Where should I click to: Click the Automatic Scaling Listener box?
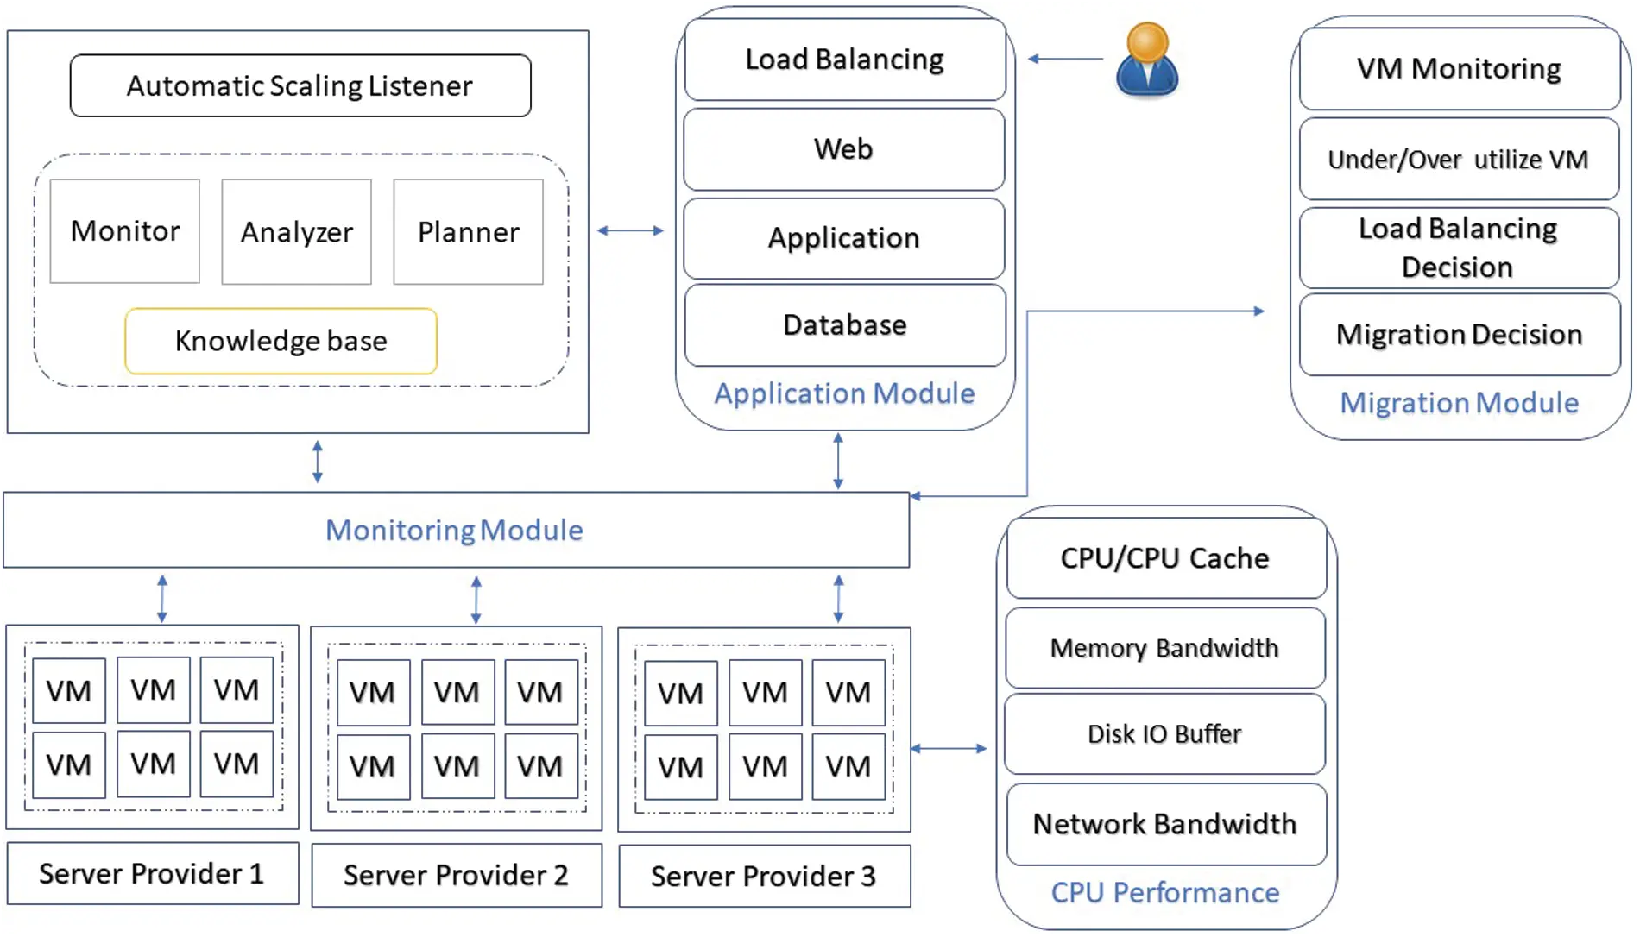tap(300, 85)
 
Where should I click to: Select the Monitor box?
tap(124, 230)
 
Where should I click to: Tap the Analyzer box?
tap(296, 231)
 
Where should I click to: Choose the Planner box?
tap(468, 231)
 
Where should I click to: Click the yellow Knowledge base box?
tap(281, 341)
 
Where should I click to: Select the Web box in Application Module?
tap(843, 148)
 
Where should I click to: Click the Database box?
tap(844, 325)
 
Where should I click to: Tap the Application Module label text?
tap(843, 393)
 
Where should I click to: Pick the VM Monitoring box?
tap(1459, 68)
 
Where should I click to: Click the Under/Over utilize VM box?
tap(1458, 160)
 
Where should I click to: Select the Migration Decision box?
tap(1459, 334)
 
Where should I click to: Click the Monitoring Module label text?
tap(454, 530)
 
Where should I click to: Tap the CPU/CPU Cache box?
tap(1165, 558)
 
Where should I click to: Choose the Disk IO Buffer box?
tap(1164, 733)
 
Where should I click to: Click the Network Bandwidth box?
tap(1165, 824)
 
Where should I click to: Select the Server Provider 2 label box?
tap(456, 875)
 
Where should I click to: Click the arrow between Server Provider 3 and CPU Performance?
tap(949, 748)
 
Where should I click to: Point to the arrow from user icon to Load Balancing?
tap(1065, 59)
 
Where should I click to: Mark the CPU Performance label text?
tap(1164, 892)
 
